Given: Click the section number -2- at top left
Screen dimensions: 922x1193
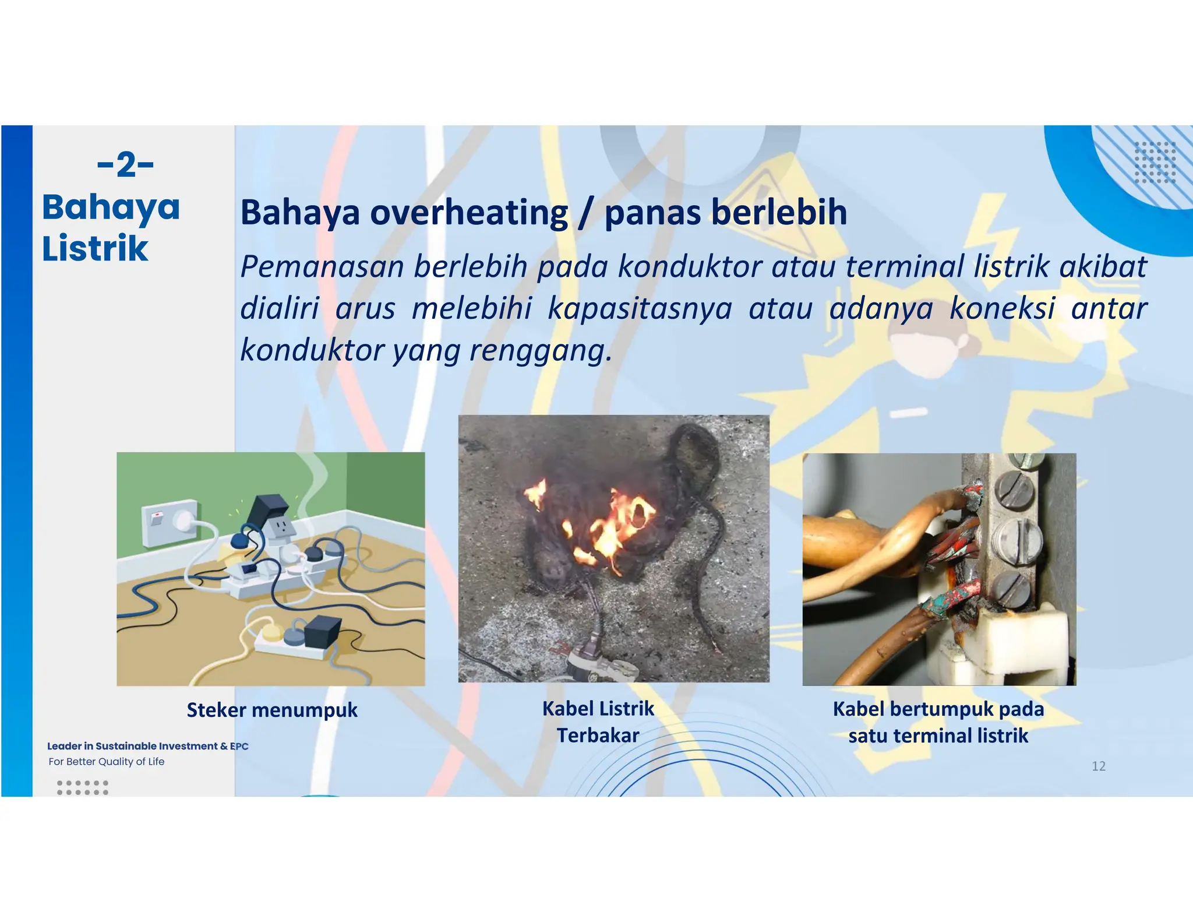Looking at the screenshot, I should tap(125, 165).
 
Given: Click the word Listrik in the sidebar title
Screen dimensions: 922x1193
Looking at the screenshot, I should tap(95, 248).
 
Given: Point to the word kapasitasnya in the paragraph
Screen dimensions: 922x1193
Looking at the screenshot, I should tap(640, 308).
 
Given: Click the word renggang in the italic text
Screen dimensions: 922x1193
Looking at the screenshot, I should tap(539, 350).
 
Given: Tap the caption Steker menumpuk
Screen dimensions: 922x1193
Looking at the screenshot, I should tap(272, 710).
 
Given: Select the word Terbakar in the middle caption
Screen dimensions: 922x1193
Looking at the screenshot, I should tap(598, 736).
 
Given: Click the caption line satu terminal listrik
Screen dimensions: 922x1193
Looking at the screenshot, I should tap(938, 736).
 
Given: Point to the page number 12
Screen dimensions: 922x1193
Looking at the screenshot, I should tap(1098, 766).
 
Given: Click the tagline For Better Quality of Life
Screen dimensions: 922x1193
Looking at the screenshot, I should tap(107, 761).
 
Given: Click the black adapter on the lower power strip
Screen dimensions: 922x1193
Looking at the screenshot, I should tap(320, 631).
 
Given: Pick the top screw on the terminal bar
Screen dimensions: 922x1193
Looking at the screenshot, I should tap(1016, 485).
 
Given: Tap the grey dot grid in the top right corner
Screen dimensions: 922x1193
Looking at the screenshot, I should tap(1155, 162).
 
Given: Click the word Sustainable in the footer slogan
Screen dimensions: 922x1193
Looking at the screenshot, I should tap(126, 746).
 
